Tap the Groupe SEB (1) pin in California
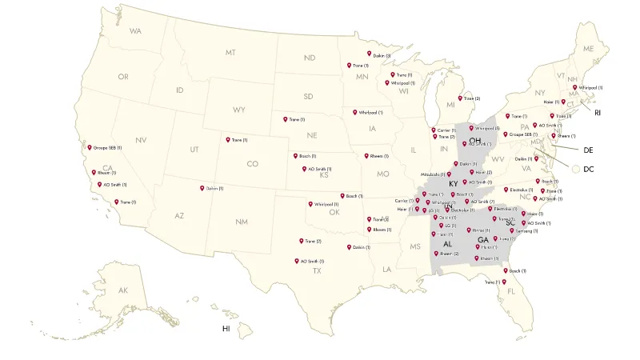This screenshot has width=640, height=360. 90,147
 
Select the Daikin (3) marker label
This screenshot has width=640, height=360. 382,55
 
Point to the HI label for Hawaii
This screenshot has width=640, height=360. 226,329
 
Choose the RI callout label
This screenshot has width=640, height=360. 597,113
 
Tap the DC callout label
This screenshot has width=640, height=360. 588,169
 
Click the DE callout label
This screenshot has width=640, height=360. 587,150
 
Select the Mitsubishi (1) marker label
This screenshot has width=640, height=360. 433,174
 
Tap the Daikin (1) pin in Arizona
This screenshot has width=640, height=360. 202,188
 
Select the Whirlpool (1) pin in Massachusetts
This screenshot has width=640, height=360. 575,87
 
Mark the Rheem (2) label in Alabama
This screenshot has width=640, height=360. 450,254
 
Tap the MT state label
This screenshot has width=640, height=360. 230,52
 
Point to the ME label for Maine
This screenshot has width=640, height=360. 589,49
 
